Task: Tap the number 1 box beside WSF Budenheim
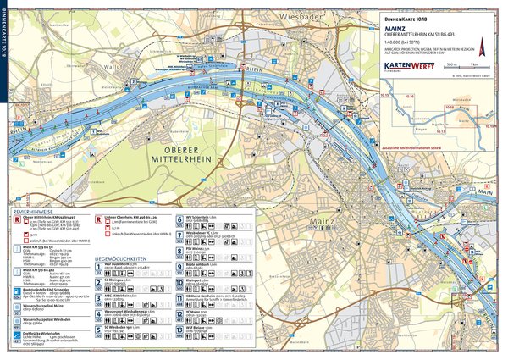click(x=98, y=268)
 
